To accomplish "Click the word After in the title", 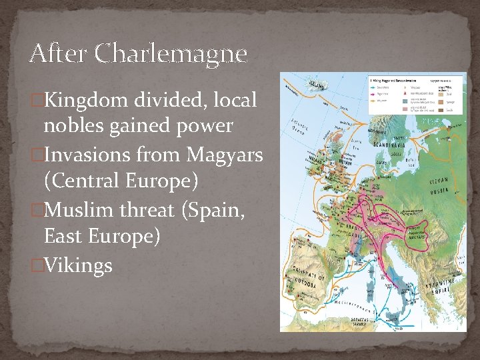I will (x=59, y=53).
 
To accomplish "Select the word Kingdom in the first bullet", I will (x=87, y=101).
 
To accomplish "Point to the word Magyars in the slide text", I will (x=225, y=155).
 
